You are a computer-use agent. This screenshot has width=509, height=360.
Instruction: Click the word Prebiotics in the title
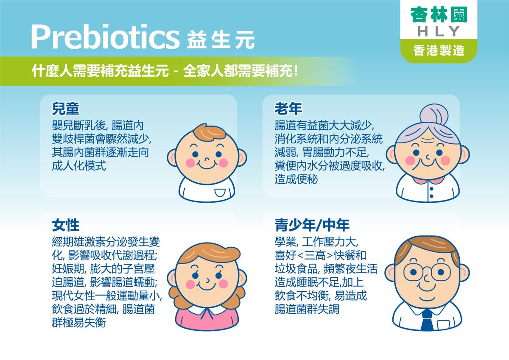tap(105, 37)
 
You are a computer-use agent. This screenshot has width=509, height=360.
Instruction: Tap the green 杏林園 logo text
tap(439, 15)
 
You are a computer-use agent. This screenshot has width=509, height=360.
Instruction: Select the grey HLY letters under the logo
tap(439, 31)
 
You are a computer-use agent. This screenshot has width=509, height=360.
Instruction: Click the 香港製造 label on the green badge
tap(439, 50)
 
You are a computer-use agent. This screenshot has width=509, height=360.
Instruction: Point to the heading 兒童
tap(66, 109)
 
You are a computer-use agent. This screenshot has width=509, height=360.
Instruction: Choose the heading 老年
tap(288, 109)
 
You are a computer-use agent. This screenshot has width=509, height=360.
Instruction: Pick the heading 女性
tap(66, 225)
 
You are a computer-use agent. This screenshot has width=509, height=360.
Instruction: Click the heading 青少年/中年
tap(312, 225)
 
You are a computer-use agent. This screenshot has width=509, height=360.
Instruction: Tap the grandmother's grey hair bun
tap(434, 115)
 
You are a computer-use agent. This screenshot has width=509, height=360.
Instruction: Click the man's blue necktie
tap(427, 319)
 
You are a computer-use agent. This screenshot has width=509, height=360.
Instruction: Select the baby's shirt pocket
tap(220, 193)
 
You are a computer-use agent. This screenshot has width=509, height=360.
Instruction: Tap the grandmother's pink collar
tap(428, 180)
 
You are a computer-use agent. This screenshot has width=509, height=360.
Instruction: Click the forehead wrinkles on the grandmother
tap(427, 141)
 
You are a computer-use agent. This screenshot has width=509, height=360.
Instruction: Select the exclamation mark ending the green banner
tap(295, 71)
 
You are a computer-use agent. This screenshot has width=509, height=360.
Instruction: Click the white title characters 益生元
tap(221, 39)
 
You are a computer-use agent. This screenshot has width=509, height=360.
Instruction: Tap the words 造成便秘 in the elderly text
tap(296, 179)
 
